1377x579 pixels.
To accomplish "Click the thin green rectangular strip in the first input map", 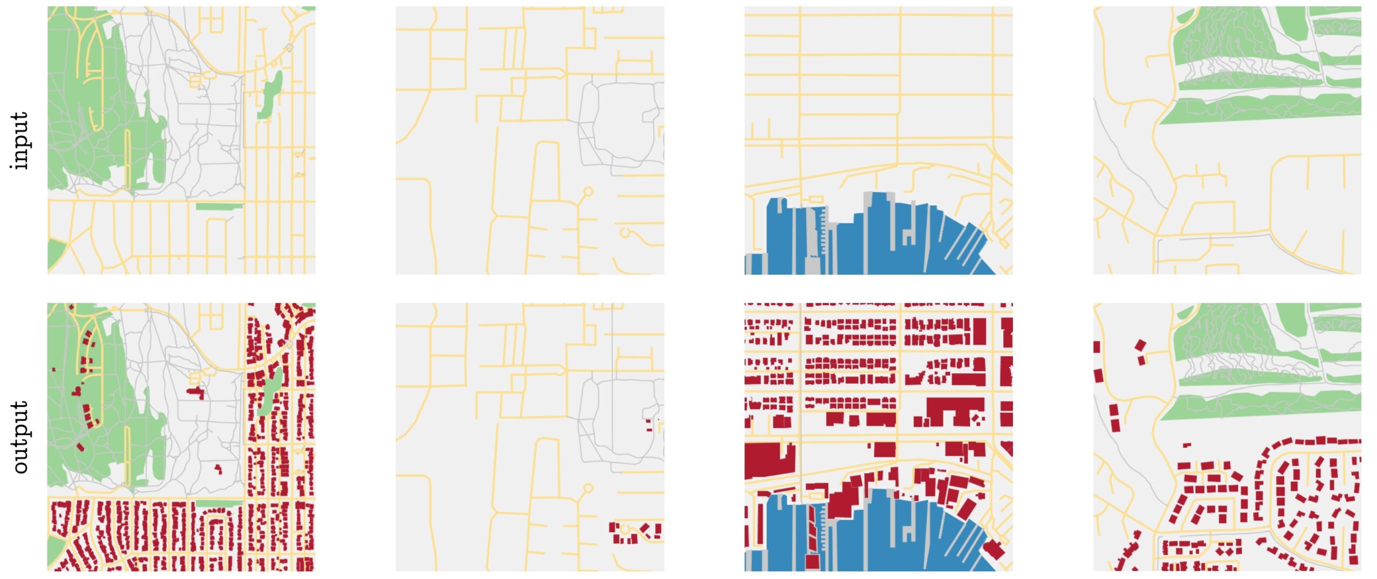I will [218, 206].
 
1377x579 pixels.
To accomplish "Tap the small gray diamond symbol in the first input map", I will [289, 48].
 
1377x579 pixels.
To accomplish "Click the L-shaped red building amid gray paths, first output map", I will [196, 392].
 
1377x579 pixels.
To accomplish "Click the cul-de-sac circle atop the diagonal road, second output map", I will [588, 488].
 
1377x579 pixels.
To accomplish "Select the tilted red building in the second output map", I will [645, 530].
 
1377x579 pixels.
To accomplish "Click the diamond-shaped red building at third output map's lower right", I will [993, 550].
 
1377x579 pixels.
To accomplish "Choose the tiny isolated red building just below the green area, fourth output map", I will [1186, 445].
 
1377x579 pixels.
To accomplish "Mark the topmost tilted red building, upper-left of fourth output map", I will [1139, 345].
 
